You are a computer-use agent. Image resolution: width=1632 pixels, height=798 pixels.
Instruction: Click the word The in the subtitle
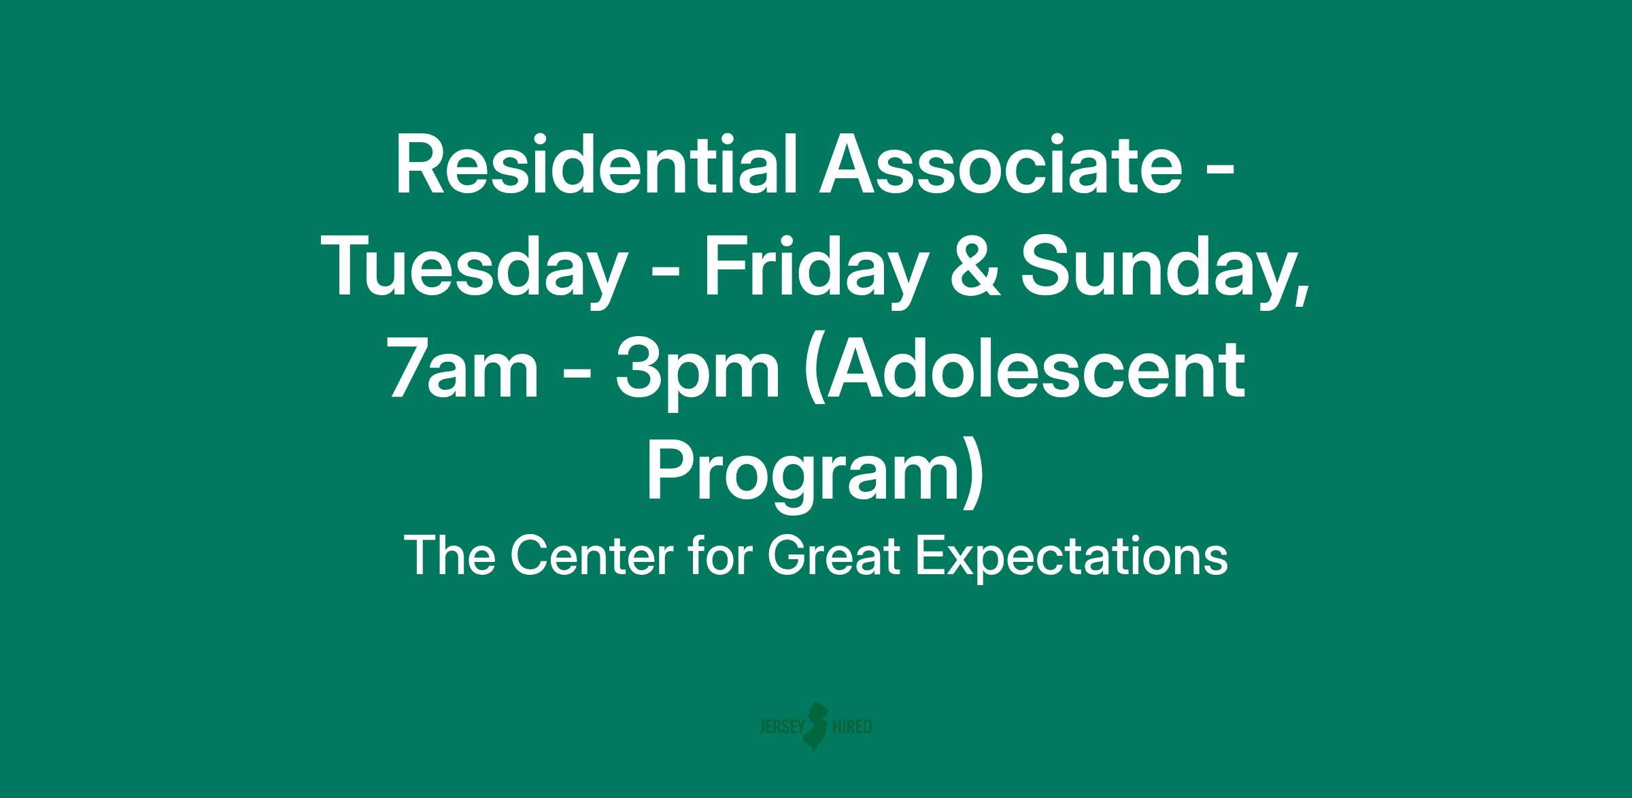(x=449, y=556)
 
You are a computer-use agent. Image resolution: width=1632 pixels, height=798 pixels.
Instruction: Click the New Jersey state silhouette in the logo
(x=816, y=727)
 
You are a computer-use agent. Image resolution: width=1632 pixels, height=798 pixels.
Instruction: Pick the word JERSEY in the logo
(x=781, y=727)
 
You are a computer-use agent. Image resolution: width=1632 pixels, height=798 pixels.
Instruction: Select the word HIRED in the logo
(x=852, y=727)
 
